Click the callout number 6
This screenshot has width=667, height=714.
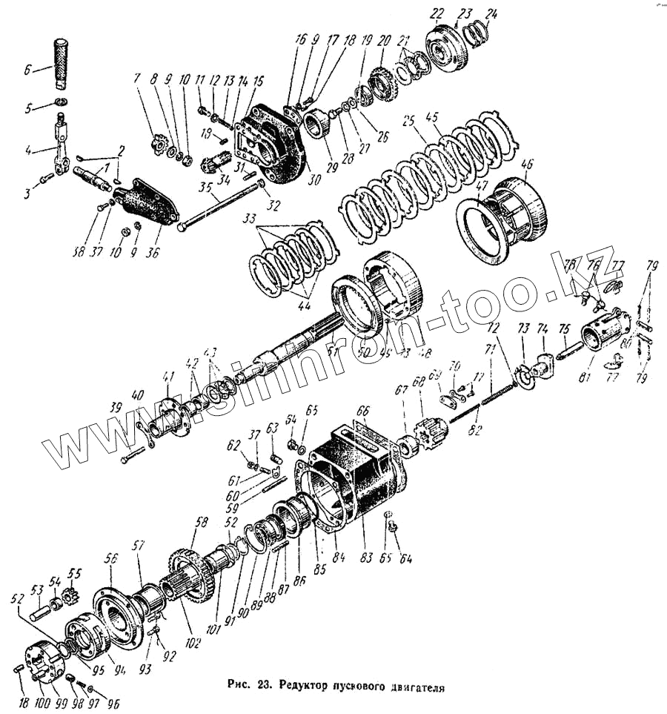27,71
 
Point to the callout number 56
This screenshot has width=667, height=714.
112,558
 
